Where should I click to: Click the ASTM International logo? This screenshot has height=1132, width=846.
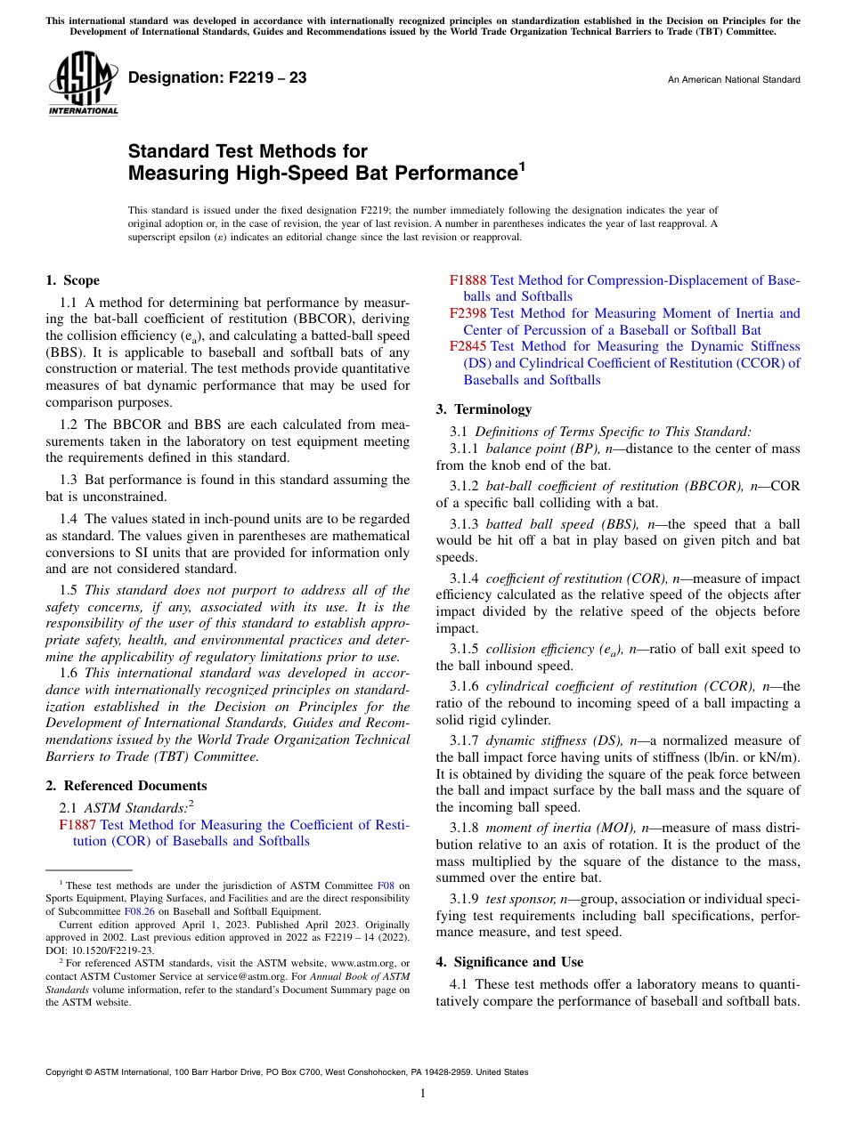coord(82,84)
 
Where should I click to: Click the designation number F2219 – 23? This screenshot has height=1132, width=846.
coord(217,78)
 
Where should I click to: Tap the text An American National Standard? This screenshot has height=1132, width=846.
coord(733,80)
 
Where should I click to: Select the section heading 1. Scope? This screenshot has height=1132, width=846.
coord(73,280)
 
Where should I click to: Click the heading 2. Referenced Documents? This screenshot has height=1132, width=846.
coord(126,786)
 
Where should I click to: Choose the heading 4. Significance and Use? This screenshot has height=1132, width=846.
coord(509,962)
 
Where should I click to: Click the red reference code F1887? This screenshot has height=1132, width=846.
coord(77,825)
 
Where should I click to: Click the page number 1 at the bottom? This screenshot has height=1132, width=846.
coord(423,1094)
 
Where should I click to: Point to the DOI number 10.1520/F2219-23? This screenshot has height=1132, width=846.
coord(98,950)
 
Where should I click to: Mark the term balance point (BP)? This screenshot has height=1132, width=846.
coord(543,449)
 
